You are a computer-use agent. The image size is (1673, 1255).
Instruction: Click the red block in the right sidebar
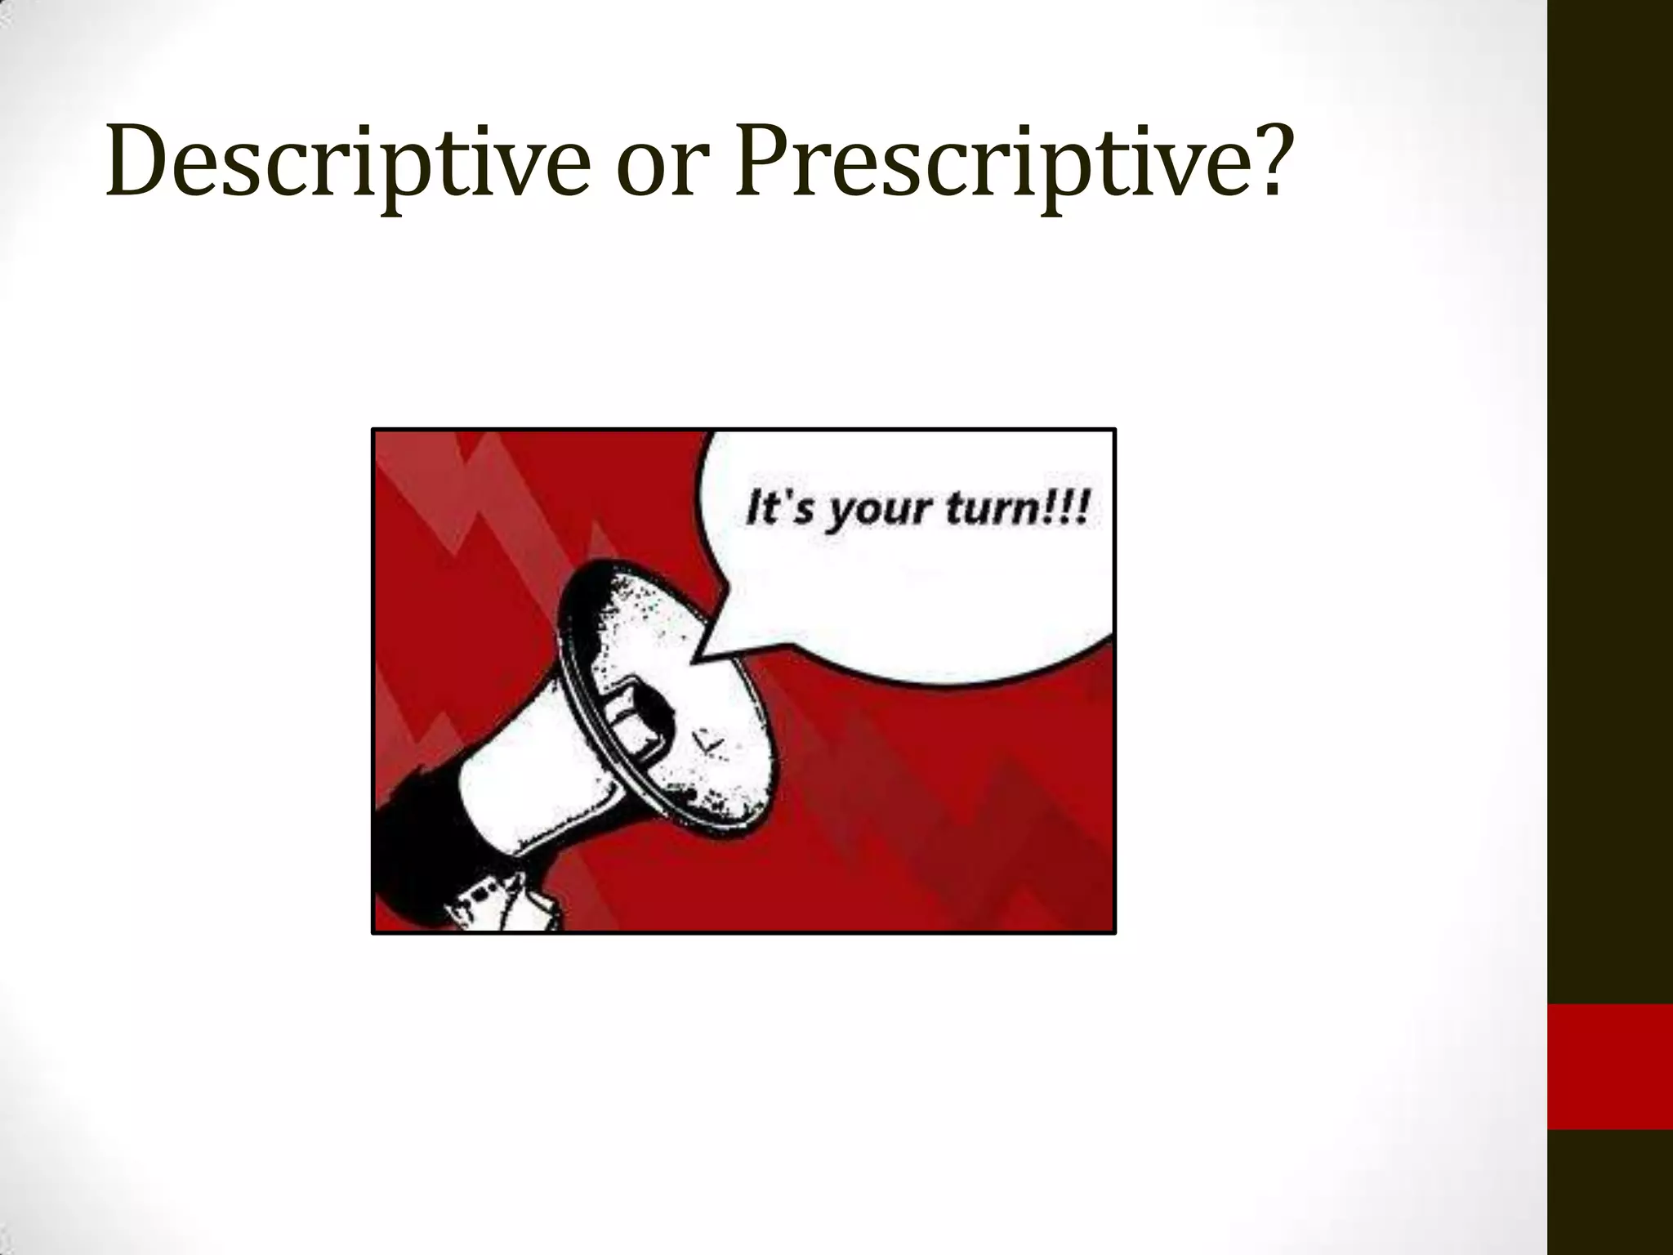pyautogui.click(x=1609, y=1066)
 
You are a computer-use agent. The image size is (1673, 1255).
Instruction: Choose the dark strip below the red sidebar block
pyautogui.click(x=1609, y=1193)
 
